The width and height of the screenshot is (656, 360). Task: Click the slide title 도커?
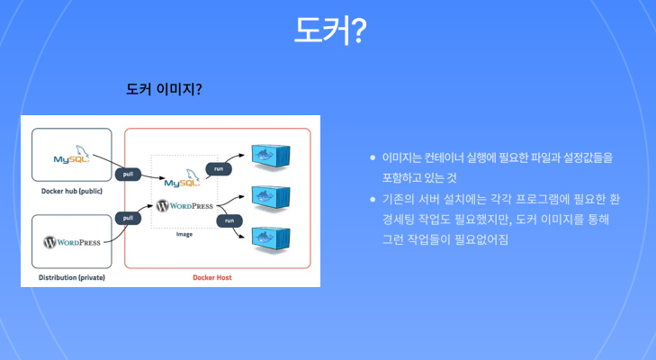pyautogui.click(x=329, y=30)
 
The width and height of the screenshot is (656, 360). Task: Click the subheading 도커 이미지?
pyautogui.click(x=164, y=90)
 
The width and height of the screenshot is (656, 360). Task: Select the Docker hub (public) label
pyautogui.click(x=72, y=191)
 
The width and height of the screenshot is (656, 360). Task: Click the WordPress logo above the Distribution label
pyautogui.click(x=72, y=242)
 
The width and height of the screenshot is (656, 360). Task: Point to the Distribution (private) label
pyautogui.click(x=72, y=277)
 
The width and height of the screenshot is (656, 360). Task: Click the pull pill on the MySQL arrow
pyautogui.click(x=129, y=175)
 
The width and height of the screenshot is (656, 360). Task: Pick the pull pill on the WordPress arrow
pyautogui.click(x=129, y=218)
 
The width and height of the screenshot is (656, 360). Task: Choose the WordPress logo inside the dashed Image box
pyautogui.click(x=184, y=205)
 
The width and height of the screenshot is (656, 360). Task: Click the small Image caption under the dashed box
pyautogui.click(x=184, y=234)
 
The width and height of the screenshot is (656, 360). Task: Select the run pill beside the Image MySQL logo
pyautogui.click(x=217, y=168)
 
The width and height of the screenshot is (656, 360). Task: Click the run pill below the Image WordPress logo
pyautogui.click(x=229, y=220)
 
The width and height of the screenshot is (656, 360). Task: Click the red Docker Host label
pyautogui.click(x=212, y=277)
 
